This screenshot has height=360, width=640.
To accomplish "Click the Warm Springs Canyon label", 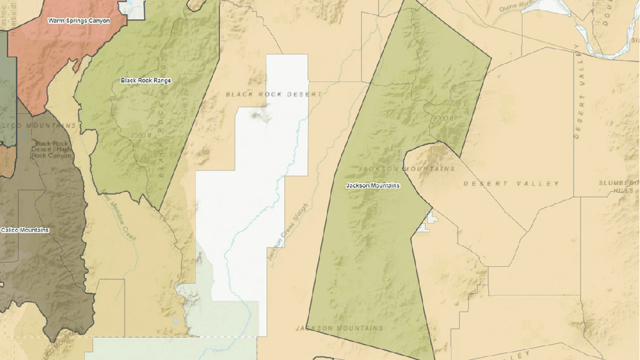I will point(79,21).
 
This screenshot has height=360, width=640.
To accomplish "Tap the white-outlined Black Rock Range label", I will point(146,80).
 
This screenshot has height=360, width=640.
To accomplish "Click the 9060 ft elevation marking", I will point(442,118).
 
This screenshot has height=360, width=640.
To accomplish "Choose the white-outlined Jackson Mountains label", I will point(372,186).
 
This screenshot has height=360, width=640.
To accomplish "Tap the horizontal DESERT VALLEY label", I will point(511,184).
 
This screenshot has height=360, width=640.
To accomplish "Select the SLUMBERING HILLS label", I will point(618,186).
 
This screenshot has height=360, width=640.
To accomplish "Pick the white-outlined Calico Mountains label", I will point(24,230).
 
